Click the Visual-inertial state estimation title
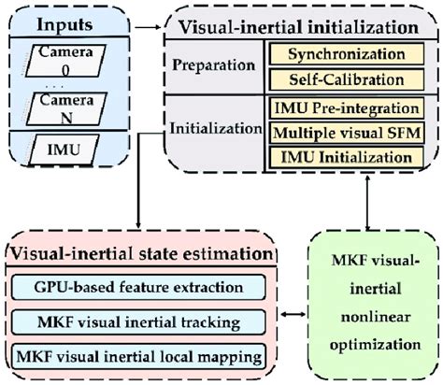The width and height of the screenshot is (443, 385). pos(141,253)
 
